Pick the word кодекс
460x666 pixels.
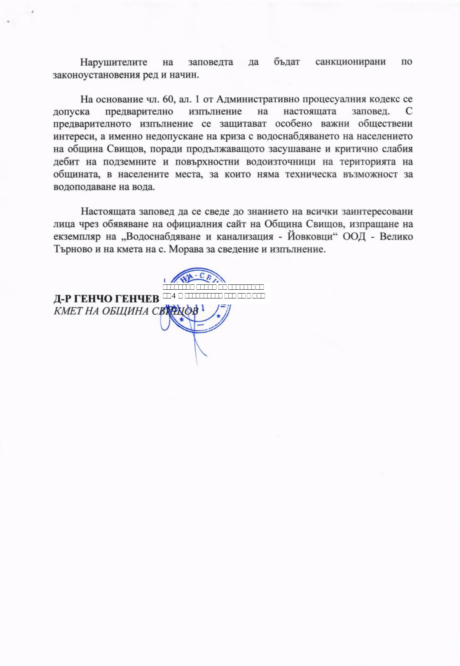coord(375,99)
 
